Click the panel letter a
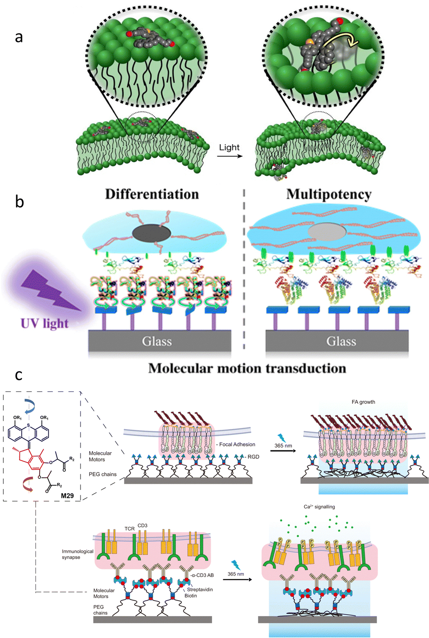(18, 37)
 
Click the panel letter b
(19, 201)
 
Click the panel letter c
(18, 375)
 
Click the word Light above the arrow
(229, 148)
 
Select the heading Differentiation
(152, 194)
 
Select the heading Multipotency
(329, 194)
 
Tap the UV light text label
(44, 324)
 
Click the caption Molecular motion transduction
(247, 368)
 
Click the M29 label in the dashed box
(67, 496)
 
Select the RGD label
(253, 457)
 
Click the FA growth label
(363, 402)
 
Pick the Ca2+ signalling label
(319, 507)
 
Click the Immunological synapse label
(77, 554)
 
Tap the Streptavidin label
(200, 589)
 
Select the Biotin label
(191, 596)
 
